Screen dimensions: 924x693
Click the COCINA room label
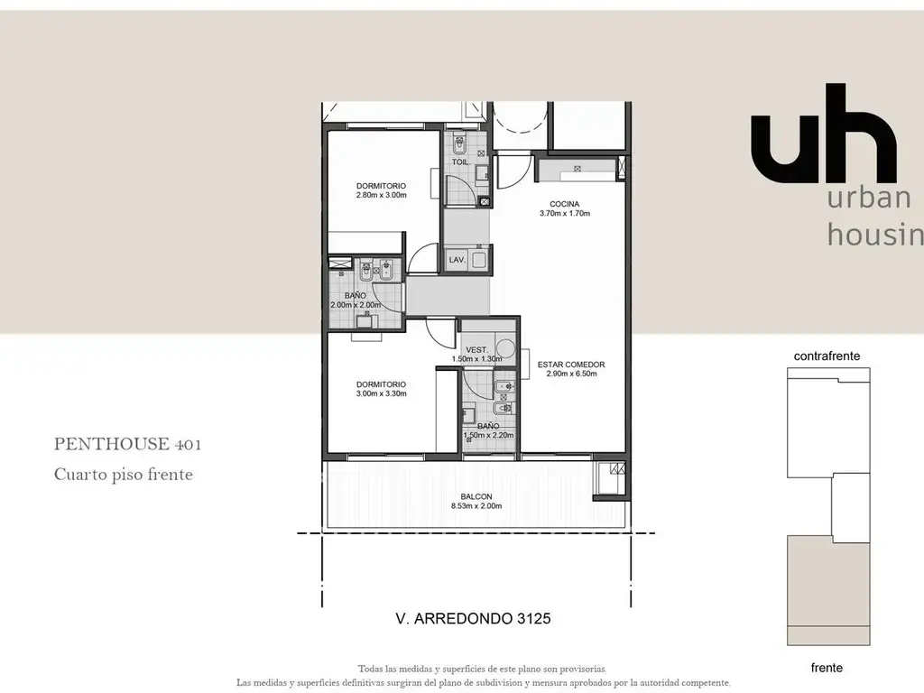pos(564,204)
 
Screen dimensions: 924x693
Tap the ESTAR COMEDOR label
pos(571,365)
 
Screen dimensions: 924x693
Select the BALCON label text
pos(476,497)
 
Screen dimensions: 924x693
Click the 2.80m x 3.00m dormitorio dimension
pos(382,195)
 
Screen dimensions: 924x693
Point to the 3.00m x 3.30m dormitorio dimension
pos(382,393)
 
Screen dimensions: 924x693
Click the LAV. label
pos(457,260)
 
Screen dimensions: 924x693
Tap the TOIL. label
pos(461,162)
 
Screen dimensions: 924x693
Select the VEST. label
pos(476,350)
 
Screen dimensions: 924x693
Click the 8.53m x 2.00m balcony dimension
pos(476,505)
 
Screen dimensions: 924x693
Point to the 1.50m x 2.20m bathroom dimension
pos(488,436)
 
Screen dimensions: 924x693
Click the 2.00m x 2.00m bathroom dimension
pos(356,305)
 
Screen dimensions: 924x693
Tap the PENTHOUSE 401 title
pos(127,444)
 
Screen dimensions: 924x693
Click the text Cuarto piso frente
pos(123,475)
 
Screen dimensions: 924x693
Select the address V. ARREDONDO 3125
pos(473,618)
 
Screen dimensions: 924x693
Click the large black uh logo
pos(824,134)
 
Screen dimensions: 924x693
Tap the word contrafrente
pos(827,356)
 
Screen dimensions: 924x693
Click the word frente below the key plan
pos(827,668)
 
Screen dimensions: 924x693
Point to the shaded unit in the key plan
pos(828,590)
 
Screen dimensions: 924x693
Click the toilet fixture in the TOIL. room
pos(459,143)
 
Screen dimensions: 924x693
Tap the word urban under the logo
pos(869,198)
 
